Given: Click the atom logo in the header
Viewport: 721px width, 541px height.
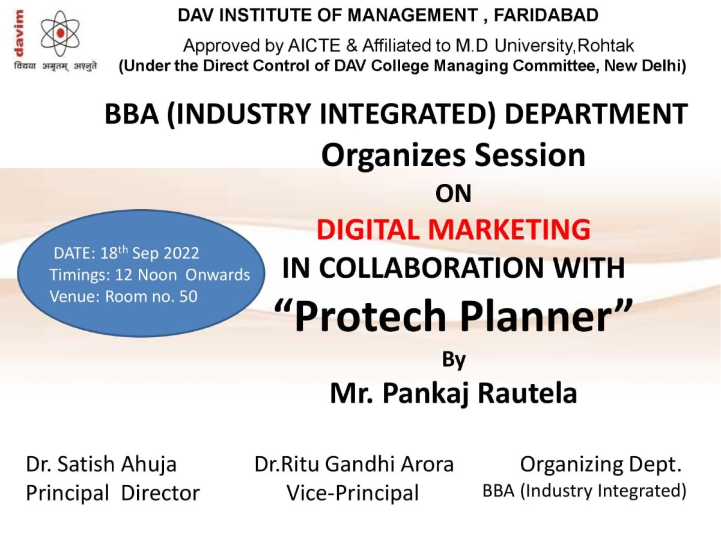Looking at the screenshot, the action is (x=60, y=33).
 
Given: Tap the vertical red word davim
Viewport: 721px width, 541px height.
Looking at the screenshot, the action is (x=19, y=33).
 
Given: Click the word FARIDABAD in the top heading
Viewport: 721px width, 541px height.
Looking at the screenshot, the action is (x=546, y=16).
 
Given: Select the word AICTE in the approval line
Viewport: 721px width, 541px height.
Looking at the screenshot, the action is (x=314, y=46).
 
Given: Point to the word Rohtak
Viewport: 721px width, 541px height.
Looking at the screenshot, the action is (x=605, y=46).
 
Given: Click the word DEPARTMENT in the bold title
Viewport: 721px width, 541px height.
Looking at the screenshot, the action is (x=596, y=114).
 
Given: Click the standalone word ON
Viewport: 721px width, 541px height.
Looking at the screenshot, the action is (x=453, y=194).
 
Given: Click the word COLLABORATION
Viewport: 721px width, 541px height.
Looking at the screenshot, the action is (x=431, y=267).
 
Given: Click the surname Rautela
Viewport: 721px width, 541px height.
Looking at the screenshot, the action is (x=527, y=393).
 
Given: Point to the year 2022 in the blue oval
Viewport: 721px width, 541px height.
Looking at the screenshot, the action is (x=181, y=254).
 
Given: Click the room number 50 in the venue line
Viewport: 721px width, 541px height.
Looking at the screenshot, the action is (x=188, y=296).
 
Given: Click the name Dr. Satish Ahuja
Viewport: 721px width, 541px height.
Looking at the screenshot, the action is (x=101, y=465).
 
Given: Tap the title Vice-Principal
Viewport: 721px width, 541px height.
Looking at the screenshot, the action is (x=353, y=494).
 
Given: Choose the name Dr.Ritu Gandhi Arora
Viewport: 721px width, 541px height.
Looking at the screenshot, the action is (x=354, y=464).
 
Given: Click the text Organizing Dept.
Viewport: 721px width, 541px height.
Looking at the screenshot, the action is (x=601, y=465).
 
